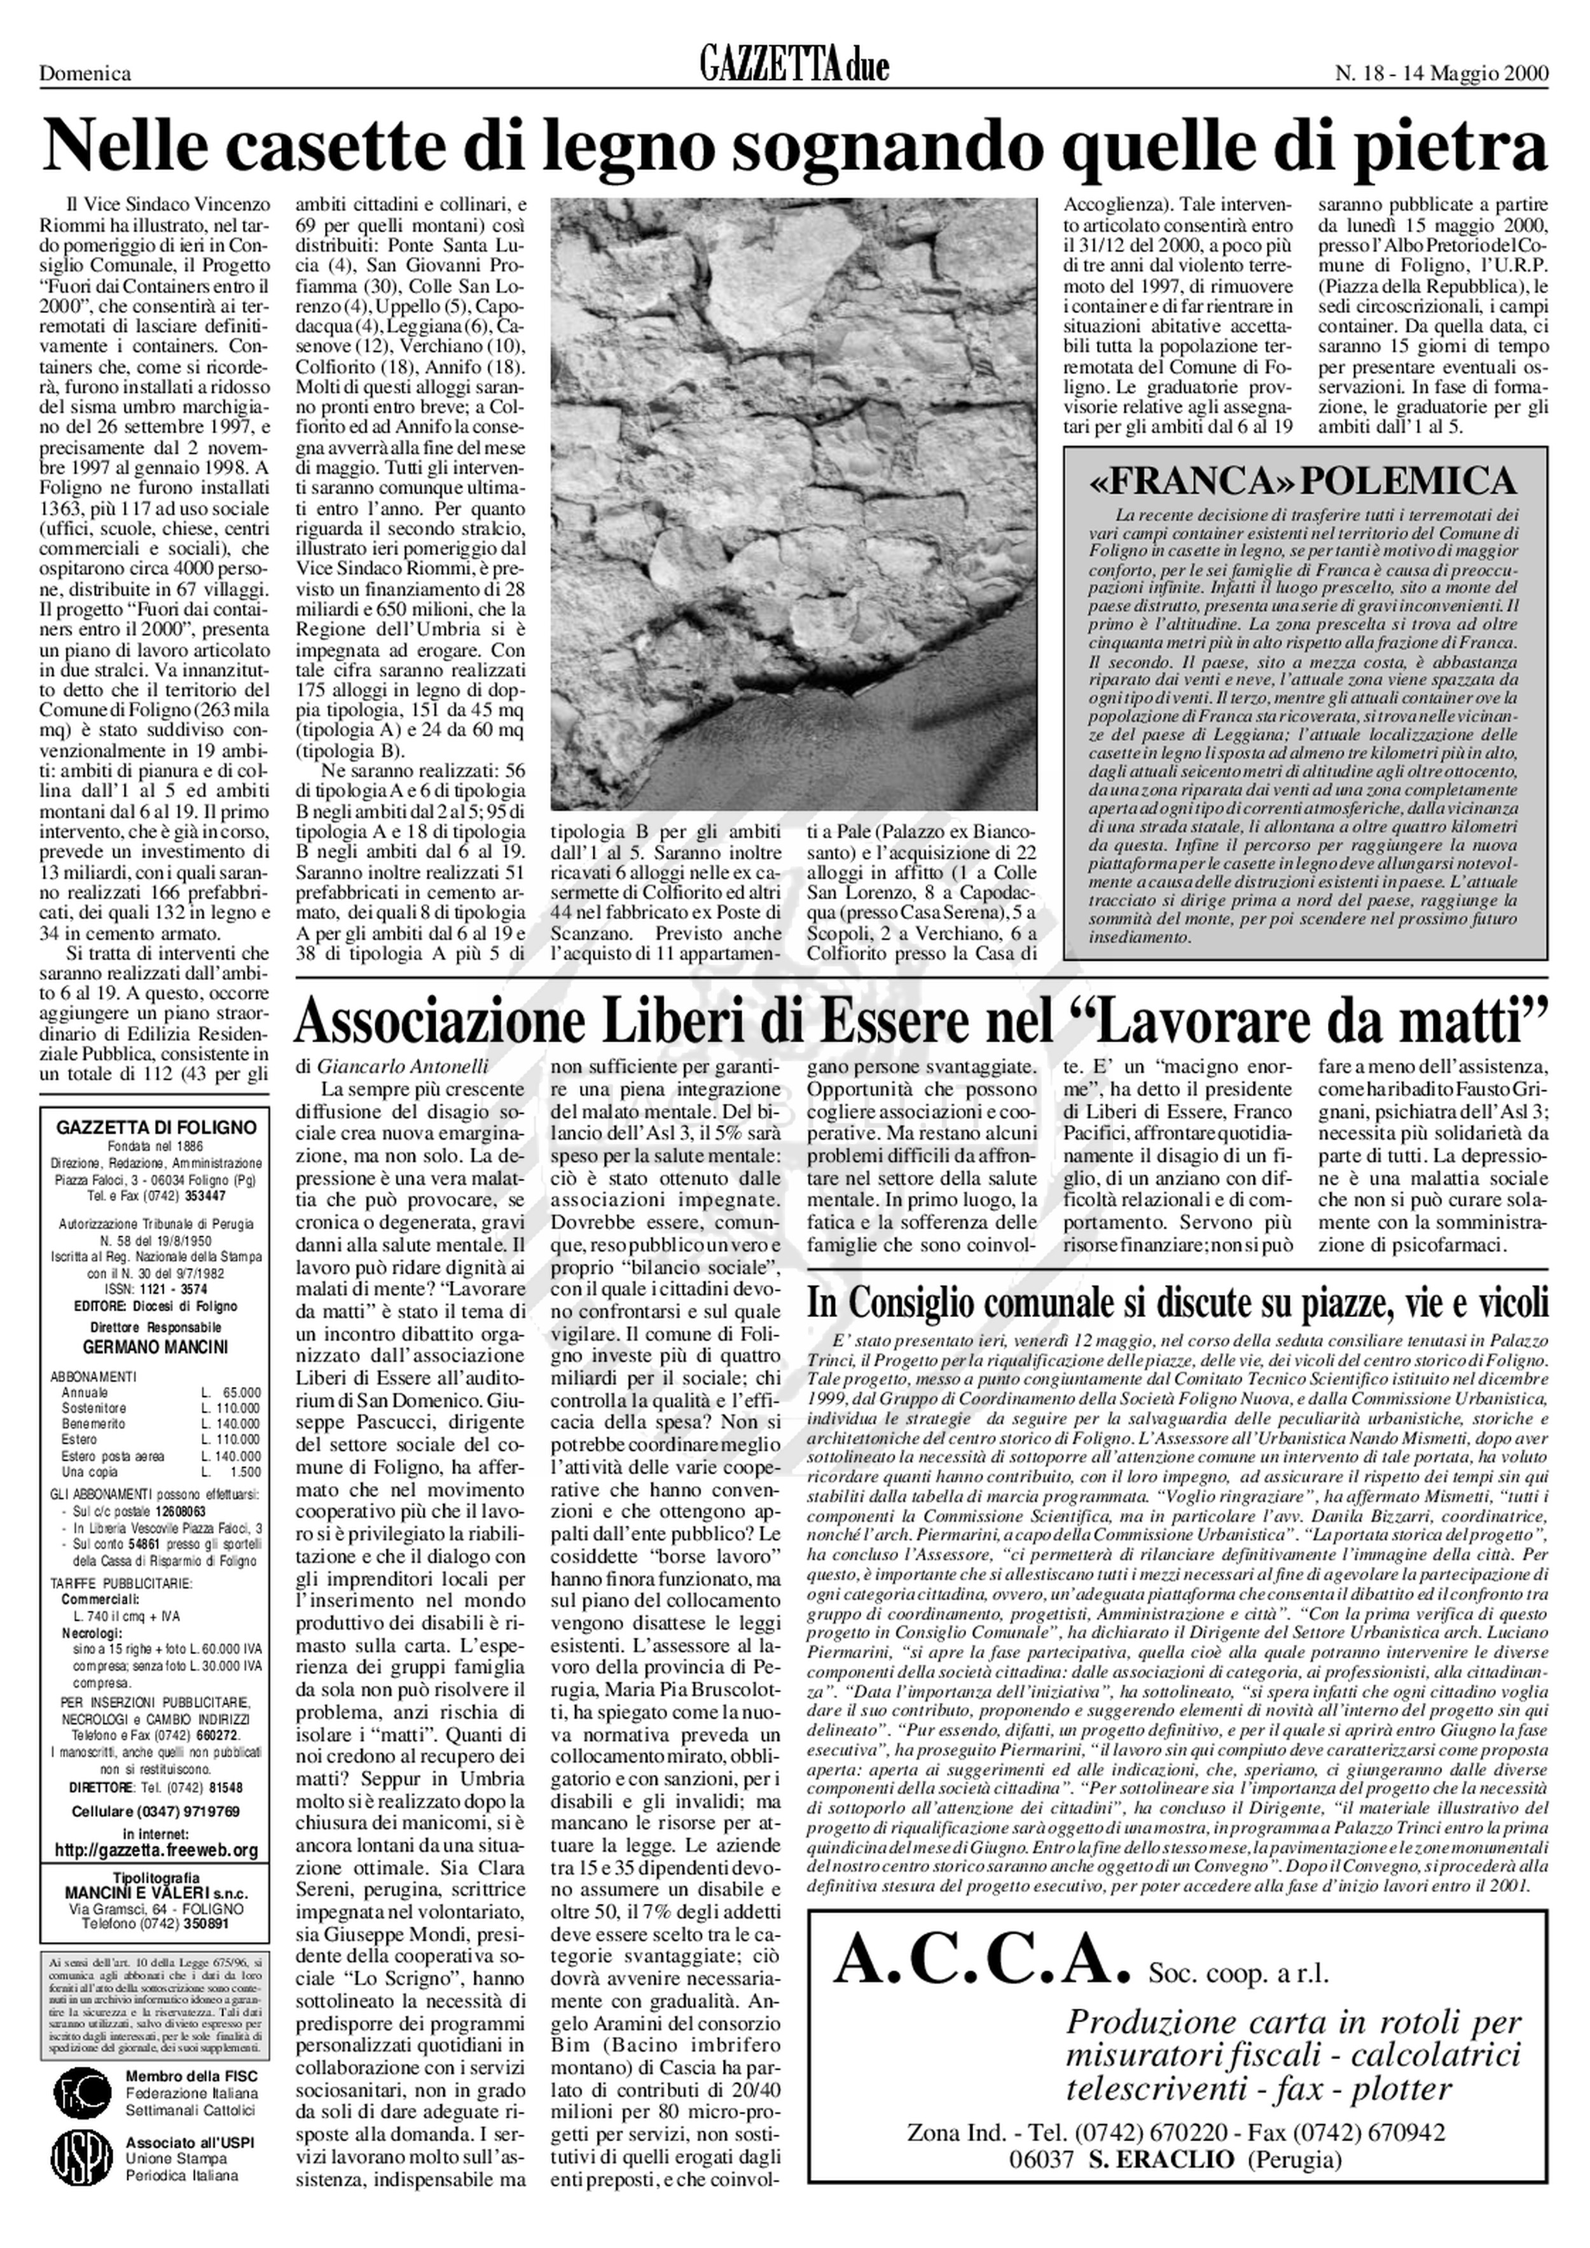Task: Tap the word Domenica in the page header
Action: click(x=85, y=73)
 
